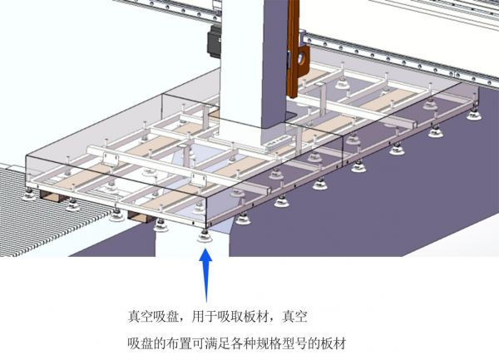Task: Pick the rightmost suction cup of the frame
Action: [475, 115]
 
